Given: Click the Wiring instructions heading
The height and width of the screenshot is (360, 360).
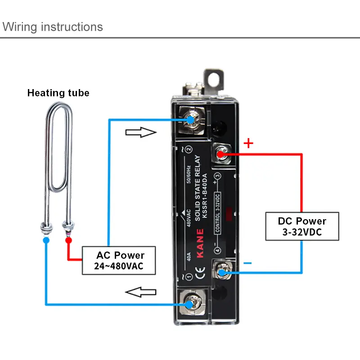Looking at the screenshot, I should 53,27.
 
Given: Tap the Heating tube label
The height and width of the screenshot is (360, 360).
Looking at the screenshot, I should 58,93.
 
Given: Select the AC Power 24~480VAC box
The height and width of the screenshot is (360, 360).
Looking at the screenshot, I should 119,261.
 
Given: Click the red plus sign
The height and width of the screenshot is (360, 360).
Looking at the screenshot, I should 248,144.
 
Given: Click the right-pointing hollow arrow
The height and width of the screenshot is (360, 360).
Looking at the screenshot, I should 140,132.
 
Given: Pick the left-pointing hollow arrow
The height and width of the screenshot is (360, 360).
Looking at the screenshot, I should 140,293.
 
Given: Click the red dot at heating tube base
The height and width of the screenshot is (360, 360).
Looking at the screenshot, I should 68,240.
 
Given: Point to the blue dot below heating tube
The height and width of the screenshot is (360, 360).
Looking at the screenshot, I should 46,240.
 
